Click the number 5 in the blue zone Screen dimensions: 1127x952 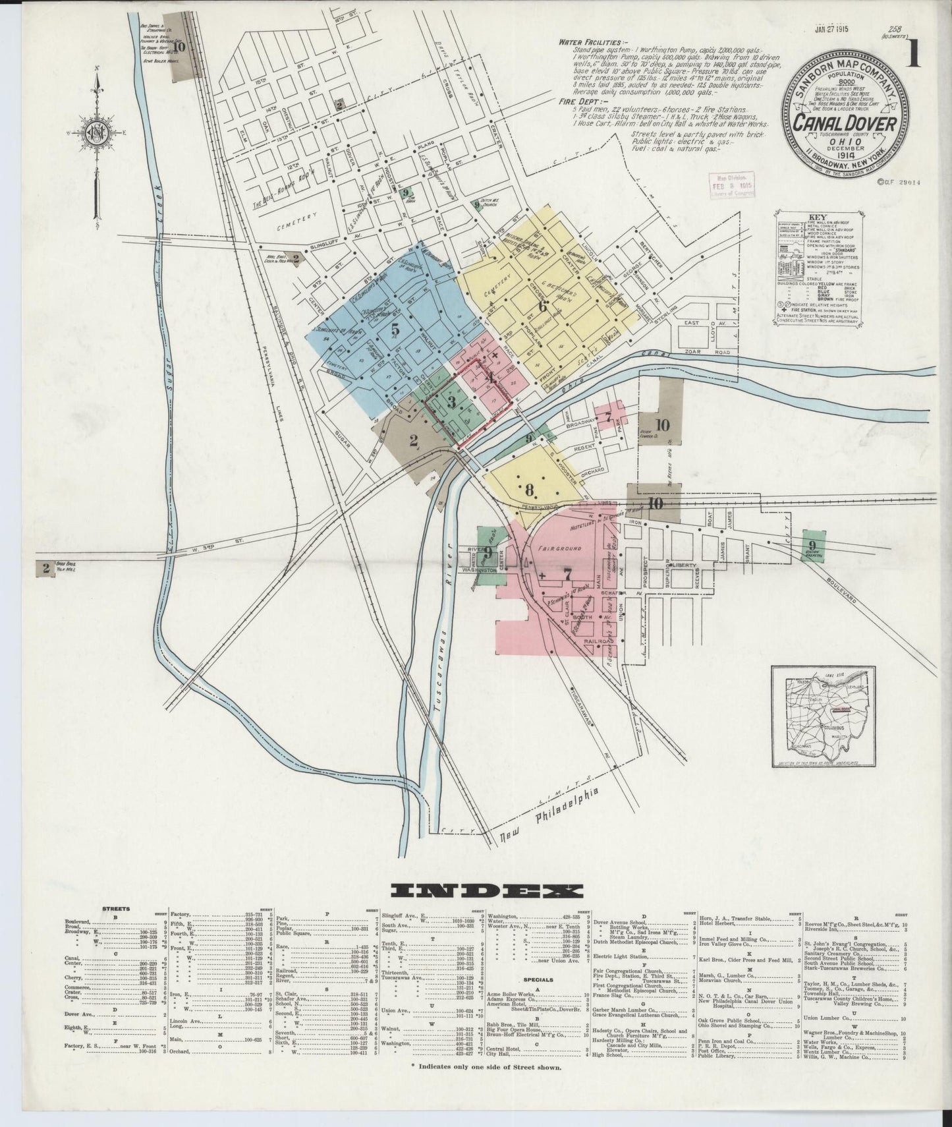click(x=395, y=330)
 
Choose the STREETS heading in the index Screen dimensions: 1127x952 click(x=116, y=909)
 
